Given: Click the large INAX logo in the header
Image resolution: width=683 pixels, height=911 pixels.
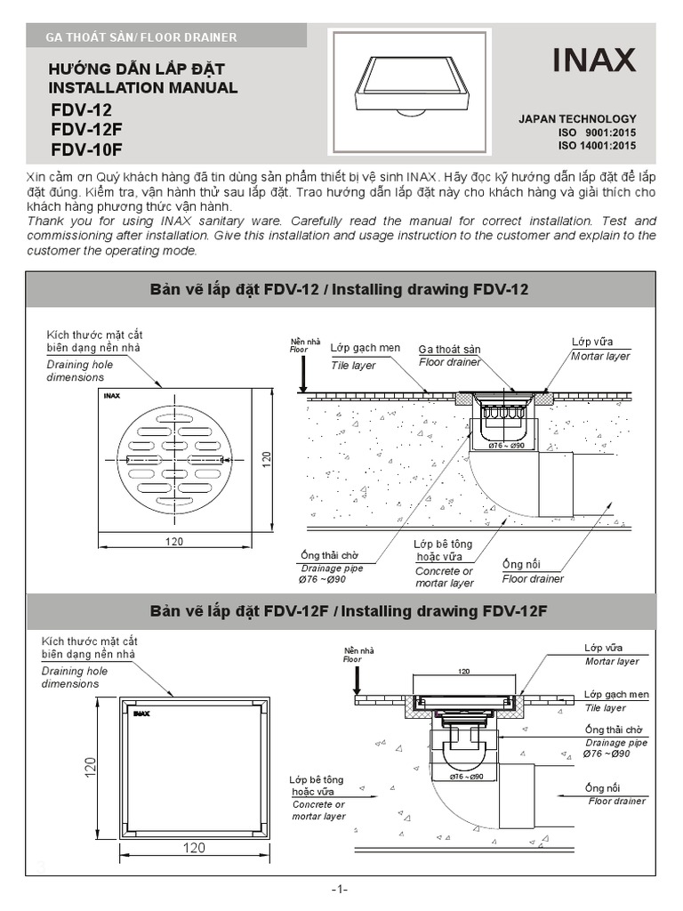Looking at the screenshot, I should point(594,60).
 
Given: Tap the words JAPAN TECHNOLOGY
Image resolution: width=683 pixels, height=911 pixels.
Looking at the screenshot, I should point(577,118).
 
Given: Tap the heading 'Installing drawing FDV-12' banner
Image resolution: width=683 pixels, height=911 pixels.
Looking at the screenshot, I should point(341,289).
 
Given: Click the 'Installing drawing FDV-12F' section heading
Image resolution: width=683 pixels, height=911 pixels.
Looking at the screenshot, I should point(341,611).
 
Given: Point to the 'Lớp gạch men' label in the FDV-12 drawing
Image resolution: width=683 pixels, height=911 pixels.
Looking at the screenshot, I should point(365,348).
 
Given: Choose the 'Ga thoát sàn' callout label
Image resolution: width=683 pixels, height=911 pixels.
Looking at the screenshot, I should point(449,350).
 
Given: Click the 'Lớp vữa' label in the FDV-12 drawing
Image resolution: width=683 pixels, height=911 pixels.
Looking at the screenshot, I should point(591,343).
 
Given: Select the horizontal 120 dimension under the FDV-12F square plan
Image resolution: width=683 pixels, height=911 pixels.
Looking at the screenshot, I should point(195,848).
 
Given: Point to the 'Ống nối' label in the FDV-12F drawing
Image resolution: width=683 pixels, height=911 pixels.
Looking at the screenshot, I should point(602,788).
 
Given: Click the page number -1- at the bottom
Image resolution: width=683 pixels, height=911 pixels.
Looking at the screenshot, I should point(340,890).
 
